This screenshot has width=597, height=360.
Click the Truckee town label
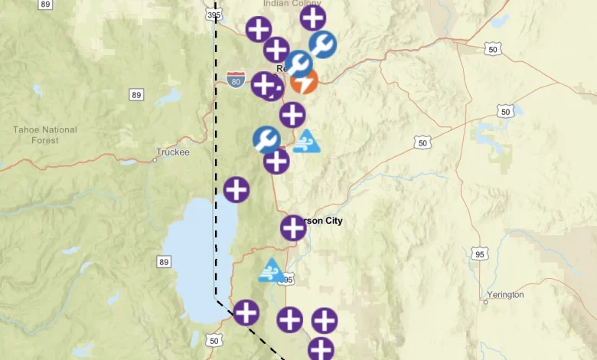[172, 152]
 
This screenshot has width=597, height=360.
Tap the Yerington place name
[506, 294]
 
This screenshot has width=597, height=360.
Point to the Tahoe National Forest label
[46, 135]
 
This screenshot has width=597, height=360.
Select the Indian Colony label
[292, 4]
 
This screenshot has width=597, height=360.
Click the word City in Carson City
[331, 221]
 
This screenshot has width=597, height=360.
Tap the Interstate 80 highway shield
[236, 80]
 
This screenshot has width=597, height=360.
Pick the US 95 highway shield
[480, 254]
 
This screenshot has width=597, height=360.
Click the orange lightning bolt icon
[305, 82]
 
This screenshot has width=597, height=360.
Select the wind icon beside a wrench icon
[306, 142]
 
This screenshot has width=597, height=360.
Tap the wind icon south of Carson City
[271, 270]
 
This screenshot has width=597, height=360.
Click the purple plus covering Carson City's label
[293, 227]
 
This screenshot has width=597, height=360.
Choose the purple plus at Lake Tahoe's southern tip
[246, 313]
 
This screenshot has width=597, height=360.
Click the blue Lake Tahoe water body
[191, 253]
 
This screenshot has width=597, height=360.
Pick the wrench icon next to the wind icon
[266, 139]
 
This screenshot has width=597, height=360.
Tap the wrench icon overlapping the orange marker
[298, 64]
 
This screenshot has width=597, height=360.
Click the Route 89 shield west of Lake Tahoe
[164, 262]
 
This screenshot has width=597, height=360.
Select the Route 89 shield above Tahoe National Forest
[136, 95]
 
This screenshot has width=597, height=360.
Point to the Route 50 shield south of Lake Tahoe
[214, 340]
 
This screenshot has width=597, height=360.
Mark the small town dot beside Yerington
[485, 302]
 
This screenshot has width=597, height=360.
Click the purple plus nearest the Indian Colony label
[312, 17]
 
